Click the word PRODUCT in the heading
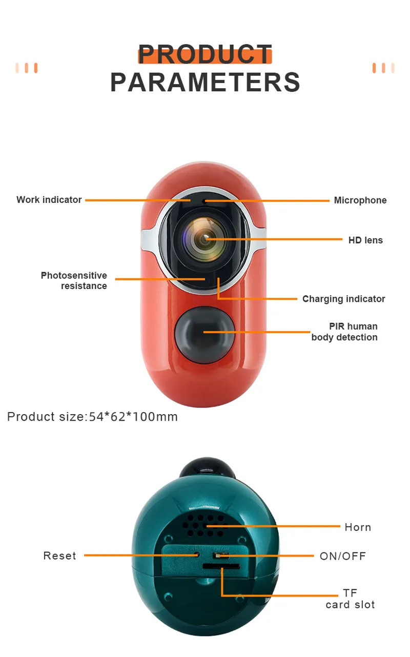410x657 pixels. pos(204,54)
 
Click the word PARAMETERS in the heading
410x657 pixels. pos(205,83)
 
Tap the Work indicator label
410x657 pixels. pos(49,200)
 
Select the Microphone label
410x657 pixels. pos(360,200)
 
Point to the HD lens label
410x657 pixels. pos(365,240)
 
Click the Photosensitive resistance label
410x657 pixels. pos(74,281)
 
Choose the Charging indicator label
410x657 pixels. pos(343,299)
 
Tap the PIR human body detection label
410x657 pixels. pos(345,332)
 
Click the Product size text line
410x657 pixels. pos(92,417)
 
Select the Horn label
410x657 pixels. pos(358,527)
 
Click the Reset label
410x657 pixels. pos(59,556)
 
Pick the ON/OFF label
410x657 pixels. pos(343,556)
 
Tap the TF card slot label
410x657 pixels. pos(350,599)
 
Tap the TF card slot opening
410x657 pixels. pos(221,566)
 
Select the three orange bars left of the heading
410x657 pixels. pos(26,68)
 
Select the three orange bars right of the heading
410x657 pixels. pos(383,68)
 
